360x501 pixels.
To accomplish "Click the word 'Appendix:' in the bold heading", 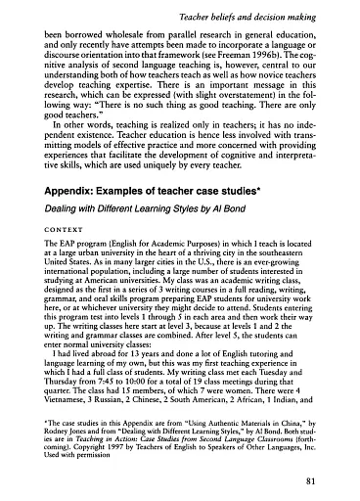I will click(x=68, y=214).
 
